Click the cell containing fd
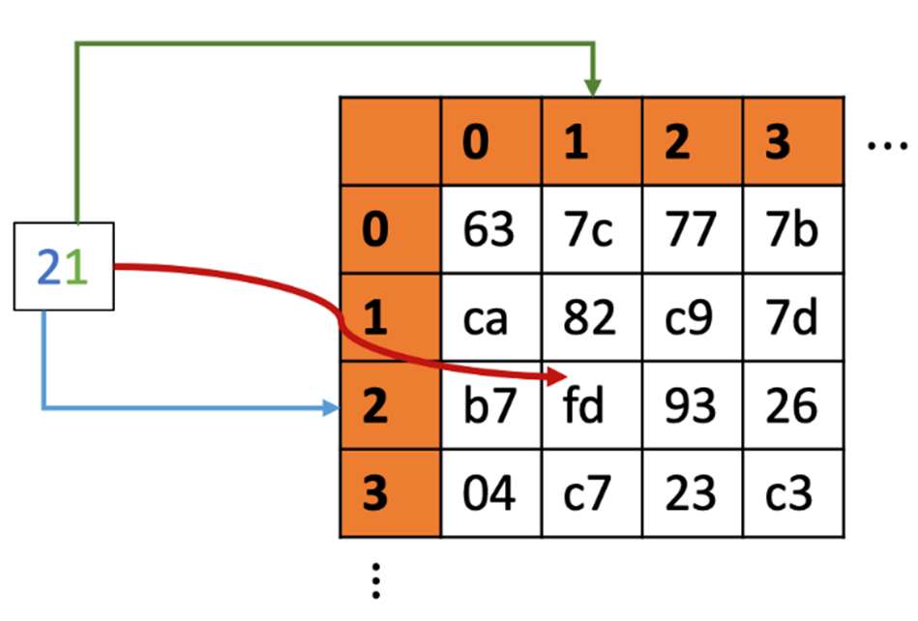pos(592,405)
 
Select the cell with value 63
pos(491,229)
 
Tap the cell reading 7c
pos(592,229)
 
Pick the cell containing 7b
pos(793,229)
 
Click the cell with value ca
pos(491,317)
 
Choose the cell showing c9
pos(693,317)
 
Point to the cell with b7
pos(491,405)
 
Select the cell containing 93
pos(693,405)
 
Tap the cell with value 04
pos(491,492)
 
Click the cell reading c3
pos(793,492)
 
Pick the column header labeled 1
pos(592,141)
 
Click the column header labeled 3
pos(793,141)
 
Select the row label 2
pos(391,405)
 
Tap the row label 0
pos(391,229)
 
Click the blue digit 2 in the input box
pos(49,267)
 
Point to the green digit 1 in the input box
pos(76,267)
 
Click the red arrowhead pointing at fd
pos(556,376)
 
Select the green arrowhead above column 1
pos(593,88)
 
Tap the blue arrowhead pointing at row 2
pos(332,407)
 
